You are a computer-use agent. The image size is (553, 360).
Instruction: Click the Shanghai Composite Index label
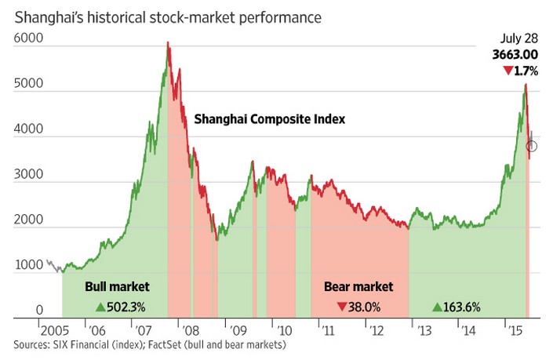(x=270, y=120)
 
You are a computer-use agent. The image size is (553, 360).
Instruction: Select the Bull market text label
(x=117, y=286)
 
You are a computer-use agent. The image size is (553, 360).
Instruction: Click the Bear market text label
(x=358, y=286)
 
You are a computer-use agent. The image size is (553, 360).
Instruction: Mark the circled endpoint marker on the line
(x=531, y=146)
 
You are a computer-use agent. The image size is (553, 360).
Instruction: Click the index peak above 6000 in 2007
(x=168, y=44)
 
